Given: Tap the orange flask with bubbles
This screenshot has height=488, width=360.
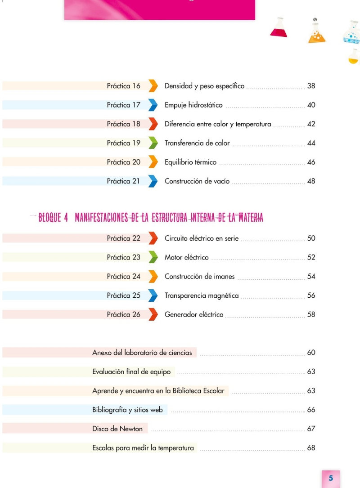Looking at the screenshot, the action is (316, 33).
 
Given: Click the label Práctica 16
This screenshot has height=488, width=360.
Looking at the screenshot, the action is (124, 86).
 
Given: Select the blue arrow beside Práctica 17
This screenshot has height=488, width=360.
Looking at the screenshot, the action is (153, 105).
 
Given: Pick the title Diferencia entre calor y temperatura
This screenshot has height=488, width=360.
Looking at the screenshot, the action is (218, 124).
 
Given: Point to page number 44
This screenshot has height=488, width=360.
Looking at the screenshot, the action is (311, 143).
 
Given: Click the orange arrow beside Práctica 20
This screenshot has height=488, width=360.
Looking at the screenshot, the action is (153, 162).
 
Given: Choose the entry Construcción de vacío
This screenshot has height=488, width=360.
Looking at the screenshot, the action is (197, 181).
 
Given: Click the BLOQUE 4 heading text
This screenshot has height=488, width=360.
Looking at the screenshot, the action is (151, 217).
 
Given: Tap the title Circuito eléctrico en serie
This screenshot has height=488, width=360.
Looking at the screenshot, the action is (202, 238).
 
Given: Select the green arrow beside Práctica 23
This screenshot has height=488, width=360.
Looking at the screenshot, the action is (153, 257).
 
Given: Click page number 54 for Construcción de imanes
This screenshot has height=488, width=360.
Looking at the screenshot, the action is (311, 276).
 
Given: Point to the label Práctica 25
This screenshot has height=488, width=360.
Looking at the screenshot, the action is (124, 295).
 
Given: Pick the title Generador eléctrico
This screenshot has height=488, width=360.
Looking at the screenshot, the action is (193, 315).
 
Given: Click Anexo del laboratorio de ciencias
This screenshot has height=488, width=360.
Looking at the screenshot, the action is (142, 353).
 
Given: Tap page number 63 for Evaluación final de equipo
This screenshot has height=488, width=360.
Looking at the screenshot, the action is (311, 372).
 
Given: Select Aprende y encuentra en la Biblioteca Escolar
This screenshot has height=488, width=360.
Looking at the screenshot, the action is (158, 391).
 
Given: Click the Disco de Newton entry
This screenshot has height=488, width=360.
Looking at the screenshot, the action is (117, 429).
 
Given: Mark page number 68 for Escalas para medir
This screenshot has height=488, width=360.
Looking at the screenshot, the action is (311, 448).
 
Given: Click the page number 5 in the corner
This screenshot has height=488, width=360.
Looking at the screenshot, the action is (331, 478).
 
